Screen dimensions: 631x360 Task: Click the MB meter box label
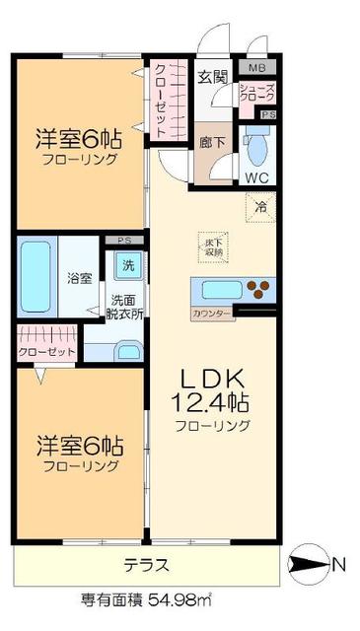click(x=256, y=68)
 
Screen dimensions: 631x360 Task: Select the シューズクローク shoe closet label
click(x=257, y=95)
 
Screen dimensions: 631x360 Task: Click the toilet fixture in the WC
click(x=256, y=148)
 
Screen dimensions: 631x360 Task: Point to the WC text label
click(x=257, y=178)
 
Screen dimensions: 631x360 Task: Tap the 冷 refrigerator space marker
click(x=261, y=207)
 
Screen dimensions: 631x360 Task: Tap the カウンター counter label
click(x=211, y=314)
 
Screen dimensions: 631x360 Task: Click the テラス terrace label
click(x=146, y=565)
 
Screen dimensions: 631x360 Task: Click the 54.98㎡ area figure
click(x=184, y=598)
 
